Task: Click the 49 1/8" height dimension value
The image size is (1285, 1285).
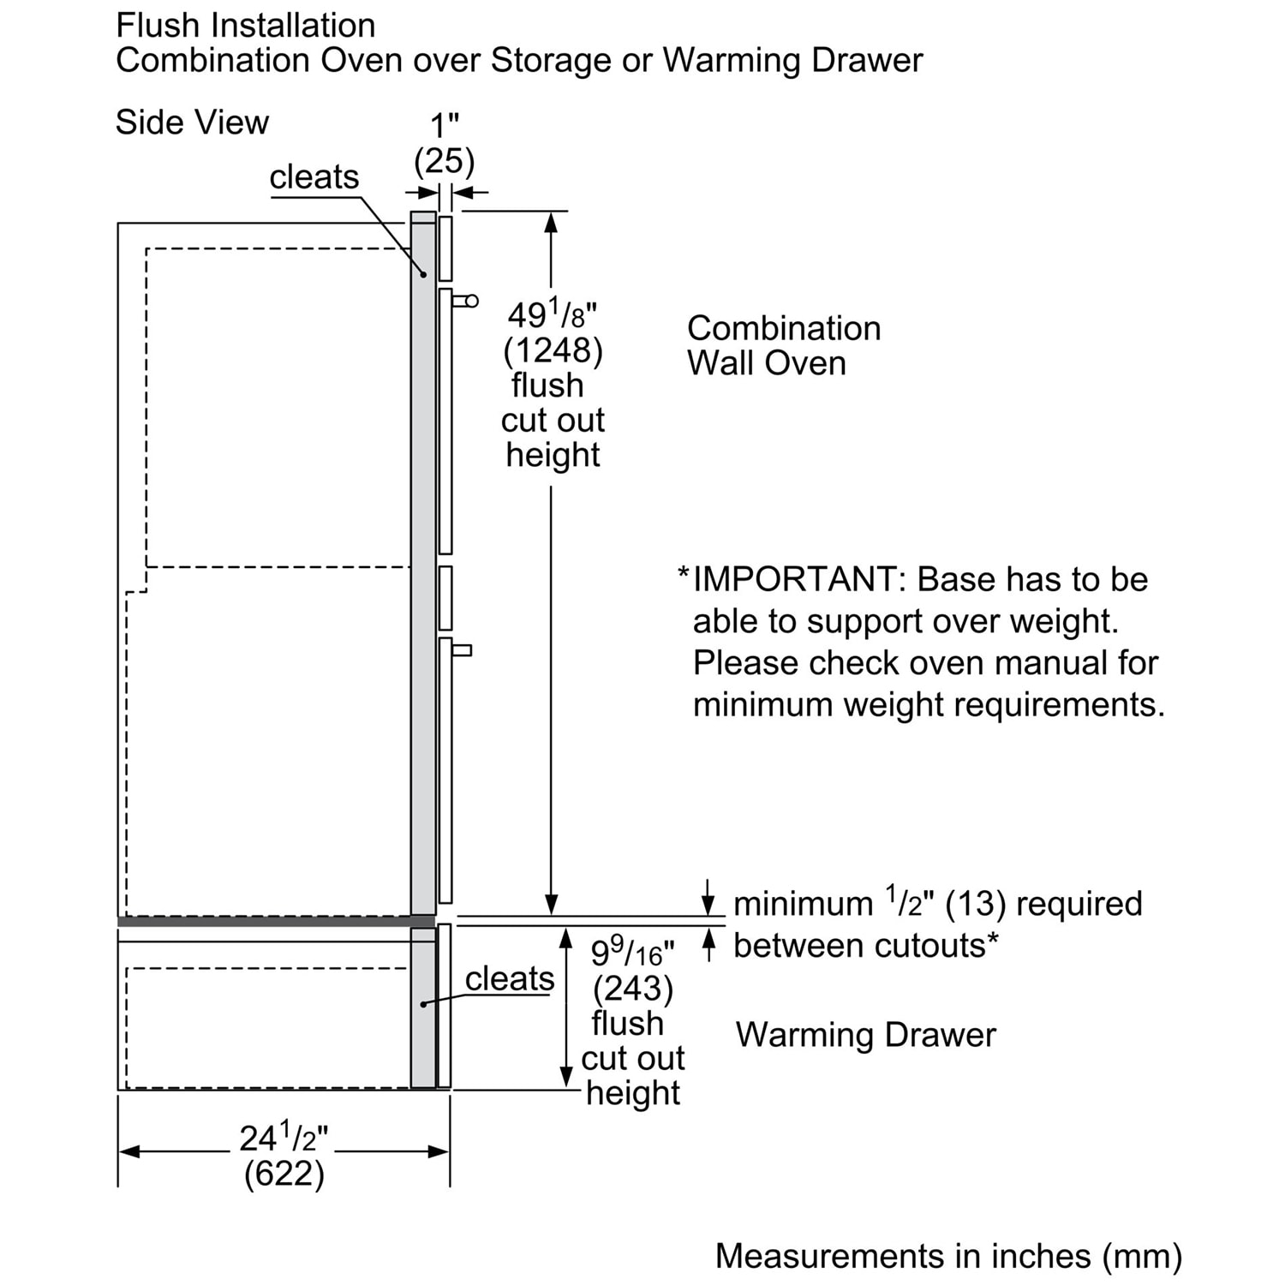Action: pos(552,315)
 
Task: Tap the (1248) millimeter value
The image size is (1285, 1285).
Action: pos(553,350)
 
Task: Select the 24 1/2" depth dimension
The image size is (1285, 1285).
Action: pos(284,1139)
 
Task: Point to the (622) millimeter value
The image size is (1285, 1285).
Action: pos(284,1174)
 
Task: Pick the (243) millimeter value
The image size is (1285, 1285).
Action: pos(633,989)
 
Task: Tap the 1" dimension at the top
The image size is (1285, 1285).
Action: pos(444,126)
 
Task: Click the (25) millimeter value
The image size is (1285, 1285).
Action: pos(444,161)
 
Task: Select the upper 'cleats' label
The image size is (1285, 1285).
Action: pos(314,177)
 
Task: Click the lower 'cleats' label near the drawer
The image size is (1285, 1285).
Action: pos(510,978)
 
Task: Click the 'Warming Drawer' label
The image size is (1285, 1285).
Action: pos(865,1035)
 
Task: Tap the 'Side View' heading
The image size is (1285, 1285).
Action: pos(192,123)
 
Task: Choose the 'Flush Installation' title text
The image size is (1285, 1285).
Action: pos(246,26)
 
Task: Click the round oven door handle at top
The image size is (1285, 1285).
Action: pos(469,301)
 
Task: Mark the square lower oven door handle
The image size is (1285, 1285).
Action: pos(462,650)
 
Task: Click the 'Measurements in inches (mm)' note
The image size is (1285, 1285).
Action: pos(948,1256)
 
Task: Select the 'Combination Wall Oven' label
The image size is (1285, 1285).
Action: pos(783,345)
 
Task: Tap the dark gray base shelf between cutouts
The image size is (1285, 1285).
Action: pos(266,922)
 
